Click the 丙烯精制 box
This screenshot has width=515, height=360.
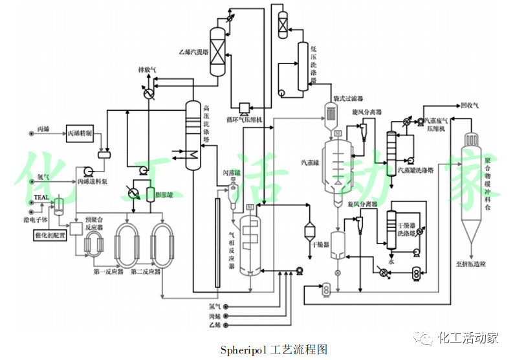pyautogui.click(x=80, y=133)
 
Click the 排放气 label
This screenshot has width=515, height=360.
pyautogui.click(x=148, y=69)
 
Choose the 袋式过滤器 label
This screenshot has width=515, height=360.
pyautogui.click(x=347, y=98)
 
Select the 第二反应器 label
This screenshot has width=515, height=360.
pyautogui.click(x=146, y=271)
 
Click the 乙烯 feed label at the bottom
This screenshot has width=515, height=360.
pyautogui.click(x=214, y=326)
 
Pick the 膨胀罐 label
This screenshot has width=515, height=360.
pyautogui.click(x=164, y=194)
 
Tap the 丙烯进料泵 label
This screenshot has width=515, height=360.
pyautogui.click(x=92, y=181)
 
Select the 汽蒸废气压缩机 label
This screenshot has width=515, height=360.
pyautogui.click(x=441, y=125)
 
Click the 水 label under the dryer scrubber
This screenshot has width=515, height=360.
pyautogui.click(x=391, y=263)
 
